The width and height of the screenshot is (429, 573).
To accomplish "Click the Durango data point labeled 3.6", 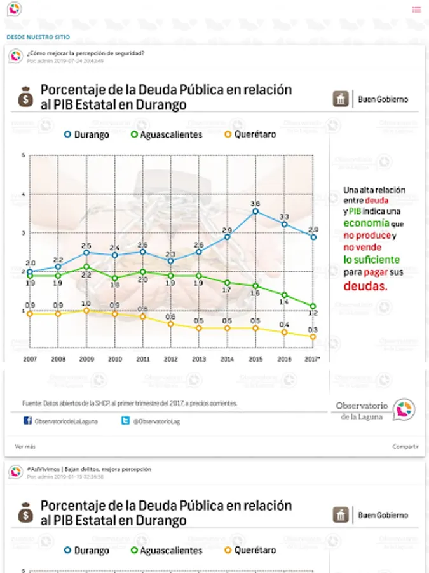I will tap(255, 211).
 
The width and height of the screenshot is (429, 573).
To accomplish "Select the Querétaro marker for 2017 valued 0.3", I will tap(313, 337).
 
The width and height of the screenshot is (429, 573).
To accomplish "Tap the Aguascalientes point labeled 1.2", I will tap(313, 306).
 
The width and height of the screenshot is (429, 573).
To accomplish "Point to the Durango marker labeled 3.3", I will tap(284, 224).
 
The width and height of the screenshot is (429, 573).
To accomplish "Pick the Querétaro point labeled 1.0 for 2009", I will tap(86, 311).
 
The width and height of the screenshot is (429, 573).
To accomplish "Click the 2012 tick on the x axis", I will tap(170, 360).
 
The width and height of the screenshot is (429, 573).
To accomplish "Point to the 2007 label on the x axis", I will tap(30, 360).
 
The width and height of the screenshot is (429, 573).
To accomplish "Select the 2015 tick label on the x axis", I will tap(255, 360).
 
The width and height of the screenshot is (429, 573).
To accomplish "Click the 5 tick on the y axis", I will tap(23, 156).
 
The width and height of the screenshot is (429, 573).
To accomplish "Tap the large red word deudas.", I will tap(365, 286).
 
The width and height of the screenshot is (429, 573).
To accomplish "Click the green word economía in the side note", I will tap(367, 223).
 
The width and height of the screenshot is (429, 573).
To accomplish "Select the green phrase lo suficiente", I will tap(372, 260).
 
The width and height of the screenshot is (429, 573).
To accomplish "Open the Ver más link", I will tap(25, 447).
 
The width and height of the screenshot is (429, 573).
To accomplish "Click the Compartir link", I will tap(405, 447).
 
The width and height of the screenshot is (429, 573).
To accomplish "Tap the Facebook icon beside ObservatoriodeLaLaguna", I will tap(27, 421).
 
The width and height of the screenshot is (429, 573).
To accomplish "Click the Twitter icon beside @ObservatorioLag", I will tap(126, 421).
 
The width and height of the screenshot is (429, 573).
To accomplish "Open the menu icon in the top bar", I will tap(416, 10).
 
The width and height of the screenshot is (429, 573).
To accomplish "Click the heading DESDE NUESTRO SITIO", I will tap(38, 38).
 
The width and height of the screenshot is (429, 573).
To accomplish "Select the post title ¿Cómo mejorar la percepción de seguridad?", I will tap(85, 53).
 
